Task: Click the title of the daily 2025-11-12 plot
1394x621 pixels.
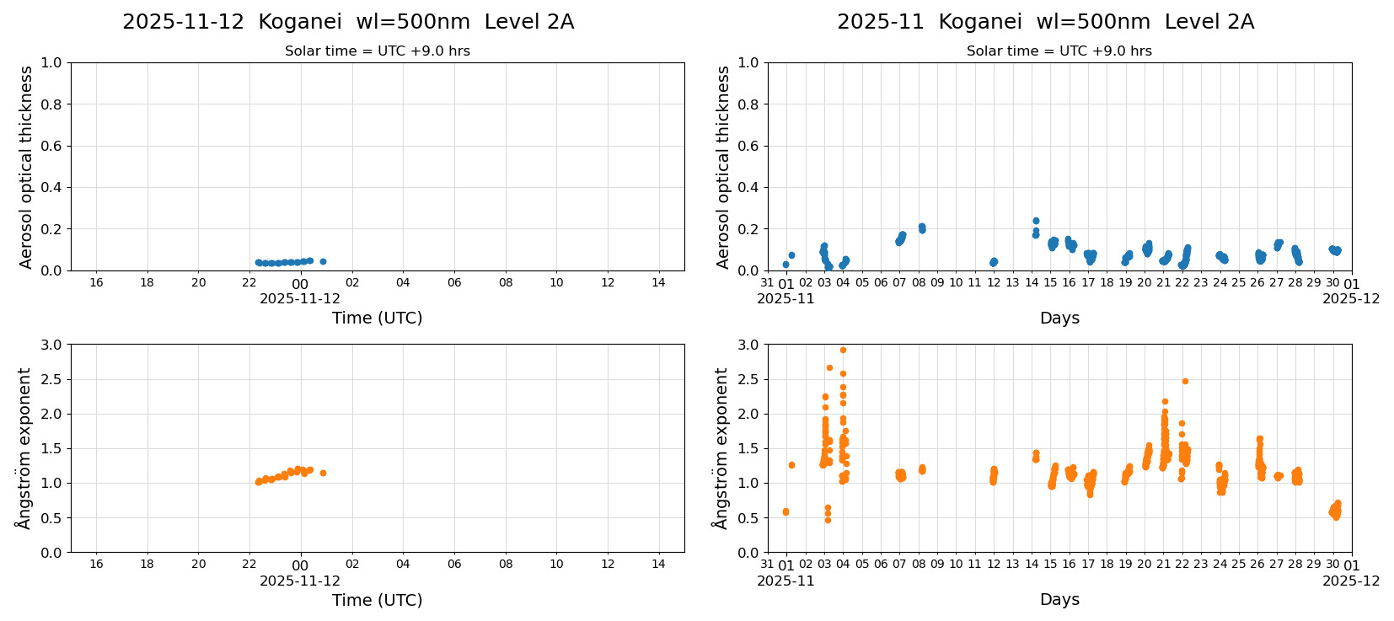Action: (x=348, y=22)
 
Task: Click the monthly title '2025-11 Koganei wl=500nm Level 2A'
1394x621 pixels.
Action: (x=1045, y=22)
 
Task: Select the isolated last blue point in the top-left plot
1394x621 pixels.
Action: (x=323, y=261)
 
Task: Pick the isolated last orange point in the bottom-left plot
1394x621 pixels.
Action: (x=323, y=473)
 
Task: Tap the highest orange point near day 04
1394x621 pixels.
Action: (x=843, y=350)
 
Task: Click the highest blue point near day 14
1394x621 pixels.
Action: (x=1036, y=221)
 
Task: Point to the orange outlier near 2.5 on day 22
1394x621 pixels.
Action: (x=1185, y=381)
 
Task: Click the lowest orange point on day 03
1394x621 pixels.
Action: (x=828, y=520)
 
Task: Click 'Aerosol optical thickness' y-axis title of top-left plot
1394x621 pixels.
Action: (x=26, y=167)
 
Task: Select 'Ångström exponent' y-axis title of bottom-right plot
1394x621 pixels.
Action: (x=721, y=448)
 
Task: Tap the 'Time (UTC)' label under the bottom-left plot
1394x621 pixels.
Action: (x=377, y=600)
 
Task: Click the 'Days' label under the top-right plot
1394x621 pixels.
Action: (x=1059, y=318)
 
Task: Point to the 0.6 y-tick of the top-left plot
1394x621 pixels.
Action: (x=51, y=146)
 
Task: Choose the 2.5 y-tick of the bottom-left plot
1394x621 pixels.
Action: (x=51, y=379)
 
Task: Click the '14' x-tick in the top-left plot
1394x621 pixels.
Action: (x=658, y=282)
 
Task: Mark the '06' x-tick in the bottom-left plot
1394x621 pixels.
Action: (x=454, y=565)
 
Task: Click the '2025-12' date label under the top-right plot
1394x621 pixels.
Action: (x=1351, y=298)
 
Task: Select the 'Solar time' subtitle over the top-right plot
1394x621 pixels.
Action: (x=1059, y=51)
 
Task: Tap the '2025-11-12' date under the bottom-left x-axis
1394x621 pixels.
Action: (x=300, y=581)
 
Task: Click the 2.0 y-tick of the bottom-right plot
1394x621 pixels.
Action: (x=748, y=414)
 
